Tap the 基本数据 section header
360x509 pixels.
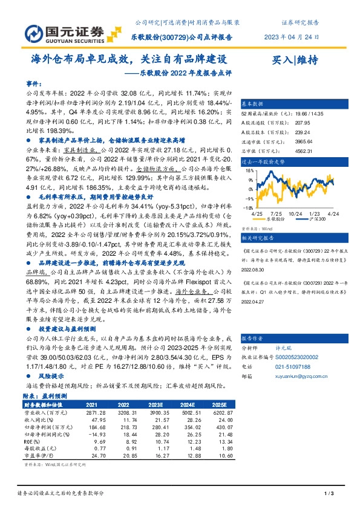tap(254, 103)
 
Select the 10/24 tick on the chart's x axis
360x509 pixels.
tap(296, 215)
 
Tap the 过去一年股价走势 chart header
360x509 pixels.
tap(263, 162)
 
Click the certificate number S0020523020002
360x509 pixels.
tap(301, 357)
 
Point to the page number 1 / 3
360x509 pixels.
tap(329, 495)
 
